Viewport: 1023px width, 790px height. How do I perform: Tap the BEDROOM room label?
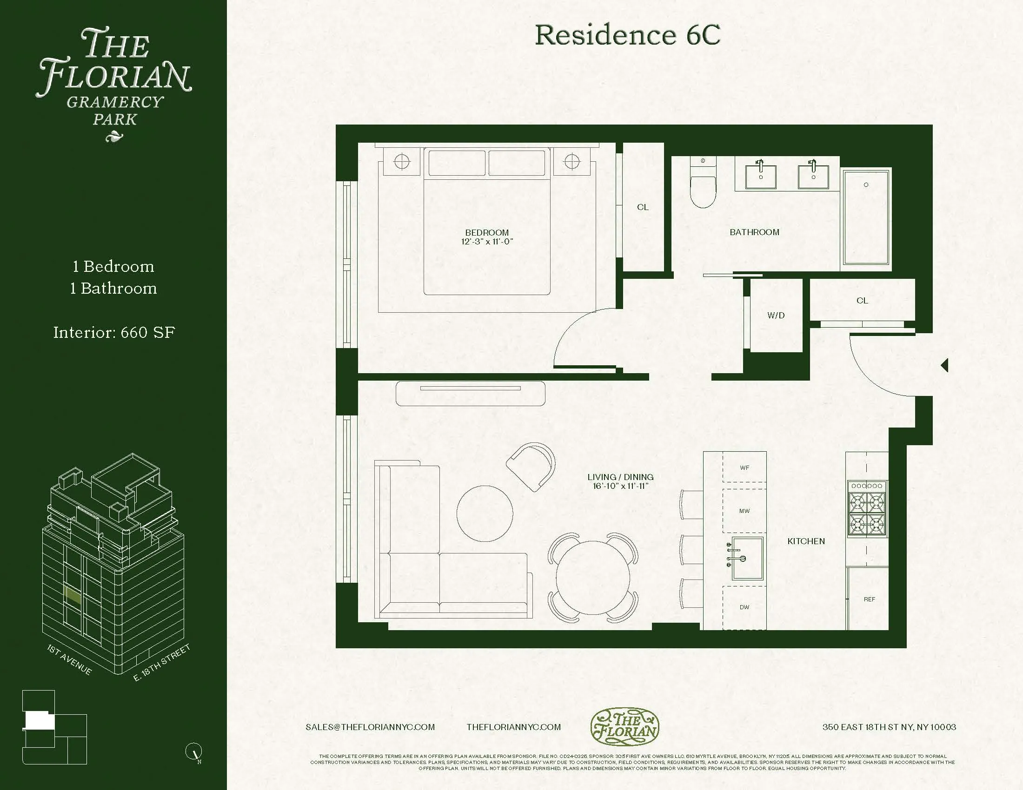pos(487,232)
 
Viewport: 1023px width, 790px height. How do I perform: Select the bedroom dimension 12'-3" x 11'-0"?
pos(487,242)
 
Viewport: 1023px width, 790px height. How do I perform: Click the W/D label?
pos(776,316)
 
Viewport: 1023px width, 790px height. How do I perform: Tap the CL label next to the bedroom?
pos(643,207)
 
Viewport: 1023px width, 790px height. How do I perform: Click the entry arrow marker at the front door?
pos(944,365)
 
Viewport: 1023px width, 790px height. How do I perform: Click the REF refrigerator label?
pos(869,599)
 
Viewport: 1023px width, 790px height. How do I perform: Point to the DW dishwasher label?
pos(744,607)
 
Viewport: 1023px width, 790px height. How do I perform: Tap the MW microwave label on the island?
pos(744,511)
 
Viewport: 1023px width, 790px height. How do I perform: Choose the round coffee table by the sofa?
pos(485,513)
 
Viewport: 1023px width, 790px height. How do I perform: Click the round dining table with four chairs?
pos(593,578)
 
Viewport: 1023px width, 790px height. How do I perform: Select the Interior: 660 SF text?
pos(114,332)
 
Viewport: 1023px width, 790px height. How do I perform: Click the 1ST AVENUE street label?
pos(69,659)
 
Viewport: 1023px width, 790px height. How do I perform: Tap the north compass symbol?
pos(194,751)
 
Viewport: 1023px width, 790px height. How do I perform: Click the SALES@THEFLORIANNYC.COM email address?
pos(370,727)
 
